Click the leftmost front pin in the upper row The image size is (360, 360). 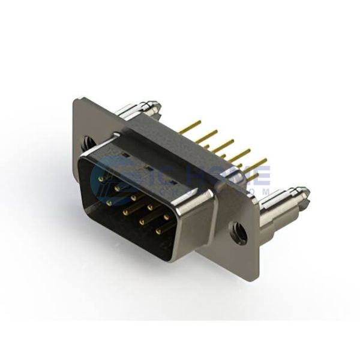tap(98, 179)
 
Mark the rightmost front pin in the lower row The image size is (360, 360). tap(159, 231)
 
